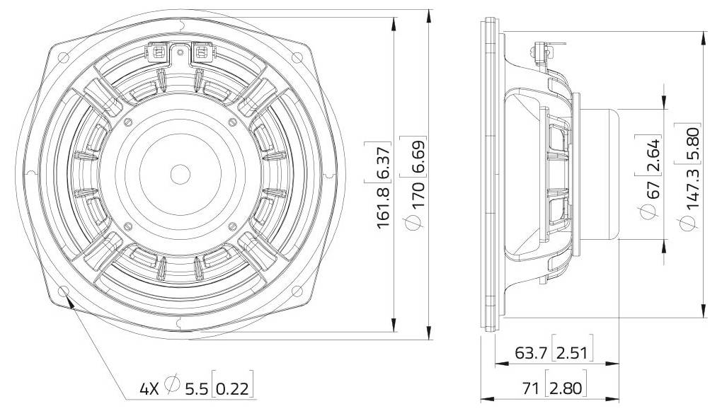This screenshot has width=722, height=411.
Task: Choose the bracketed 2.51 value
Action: click(x=573, y=353)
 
